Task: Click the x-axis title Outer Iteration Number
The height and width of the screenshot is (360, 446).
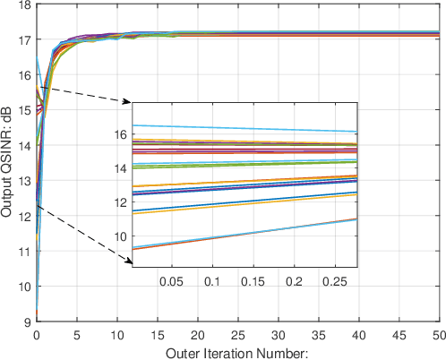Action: tap(236, 352)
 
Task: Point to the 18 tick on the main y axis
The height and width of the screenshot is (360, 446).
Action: tap(24, 5)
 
